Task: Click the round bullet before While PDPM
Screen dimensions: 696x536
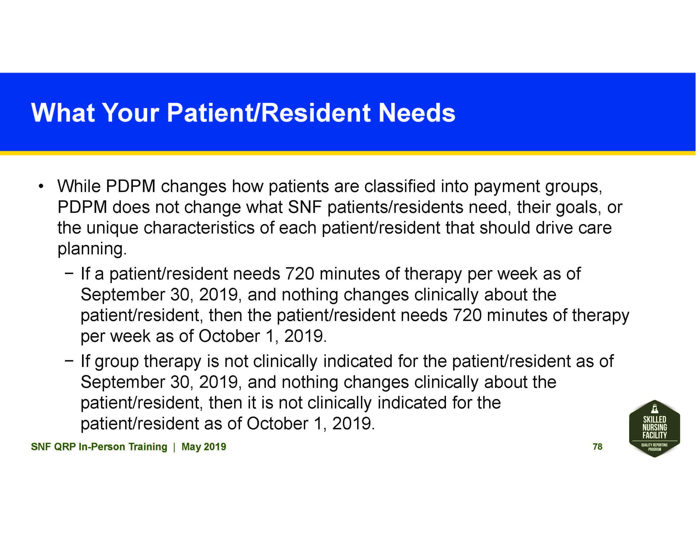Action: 41,187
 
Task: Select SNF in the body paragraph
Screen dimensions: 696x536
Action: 305,207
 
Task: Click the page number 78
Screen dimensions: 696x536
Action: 597,446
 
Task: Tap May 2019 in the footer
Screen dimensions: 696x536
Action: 204,447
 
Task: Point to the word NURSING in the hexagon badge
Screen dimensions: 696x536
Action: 655,427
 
